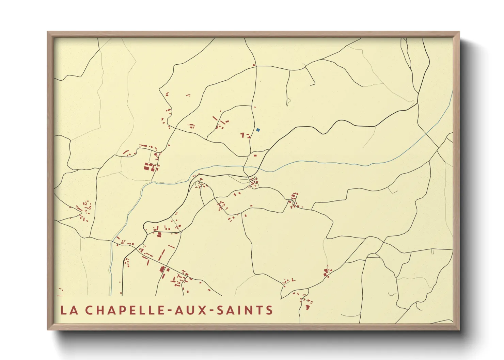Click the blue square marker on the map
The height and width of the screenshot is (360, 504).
pyautogui.click(x=258, y=130)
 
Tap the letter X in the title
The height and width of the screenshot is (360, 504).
pyautogui.click(x=205, y=310)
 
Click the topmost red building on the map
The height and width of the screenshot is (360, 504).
pyautogui.click(x=254, y=65)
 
